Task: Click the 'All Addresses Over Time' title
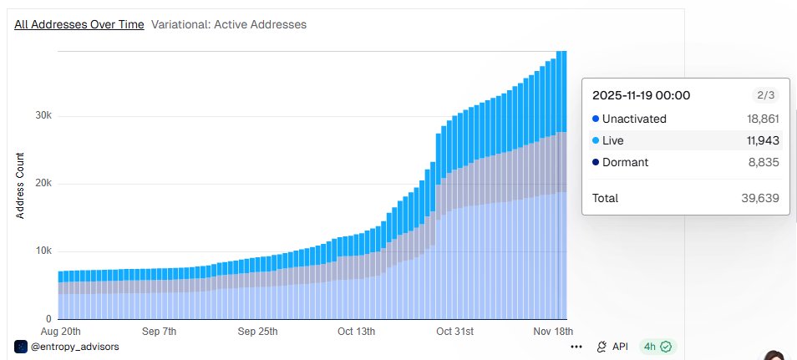coord(79,24)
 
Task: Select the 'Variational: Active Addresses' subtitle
coord(229,24)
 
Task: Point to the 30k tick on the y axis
coord(43,116)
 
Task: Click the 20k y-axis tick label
coord(43,184)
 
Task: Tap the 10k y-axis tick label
coord(43,251)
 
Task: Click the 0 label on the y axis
coord(48,319)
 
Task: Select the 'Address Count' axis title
coord(20,185)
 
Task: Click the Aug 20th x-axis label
coord(60,332)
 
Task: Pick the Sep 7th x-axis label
coord(159,332)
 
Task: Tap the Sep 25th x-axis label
coord(257,332)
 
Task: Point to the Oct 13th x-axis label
coord(357,332)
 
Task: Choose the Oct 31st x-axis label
coord(455,332)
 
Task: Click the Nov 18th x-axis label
coord(554,332)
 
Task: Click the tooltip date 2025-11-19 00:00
coord(641,95)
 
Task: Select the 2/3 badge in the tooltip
coord(765,95)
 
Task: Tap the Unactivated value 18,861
coord(763,119)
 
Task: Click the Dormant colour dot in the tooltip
coord(596,163)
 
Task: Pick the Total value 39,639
coord(760,198)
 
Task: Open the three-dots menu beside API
coord(576,347)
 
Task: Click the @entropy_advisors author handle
coord(75,347)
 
